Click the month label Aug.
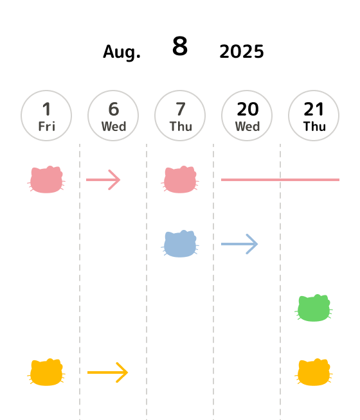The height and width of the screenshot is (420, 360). [x=122, y=52]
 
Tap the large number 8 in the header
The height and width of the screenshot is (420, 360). [x=180, y=46]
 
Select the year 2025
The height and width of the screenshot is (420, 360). [x=242, y=51]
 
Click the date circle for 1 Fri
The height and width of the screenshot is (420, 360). [x=46, y=116]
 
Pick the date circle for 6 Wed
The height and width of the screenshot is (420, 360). [x=113, y=116]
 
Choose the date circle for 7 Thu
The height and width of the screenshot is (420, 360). [x=180, y=116]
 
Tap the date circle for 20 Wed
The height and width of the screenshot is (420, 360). [x=247, y=116]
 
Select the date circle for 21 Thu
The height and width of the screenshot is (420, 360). [x=314, y=116]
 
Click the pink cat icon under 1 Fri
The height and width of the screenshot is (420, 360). [x=46, y=179]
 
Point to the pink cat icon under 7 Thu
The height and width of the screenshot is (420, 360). [x=180, y=179]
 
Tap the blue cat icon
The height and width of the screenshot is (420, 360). [x=180, y=244]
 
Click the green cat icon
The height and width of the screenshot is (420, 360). [x=314, y=308]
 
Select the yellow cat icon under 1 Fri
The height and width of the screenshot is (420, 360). [x=46, y=372]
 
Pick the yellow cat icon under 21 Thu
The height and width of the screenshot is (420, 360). [x=314, y=372]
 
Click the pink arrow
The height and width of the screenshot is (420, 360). [x=104, y=180]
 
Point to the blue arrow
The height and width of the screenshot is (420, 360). [x=239, y=244]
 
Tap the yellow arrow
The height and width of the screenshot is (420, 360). [x=108, y=372]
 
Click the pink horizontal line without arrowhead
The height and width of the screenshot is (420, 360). [x=280, y=180]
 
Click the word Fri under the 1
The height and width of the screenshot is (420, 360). [x=47, y=127]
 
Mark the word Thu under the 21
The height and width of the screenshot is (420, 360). [x=314, y=127]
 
